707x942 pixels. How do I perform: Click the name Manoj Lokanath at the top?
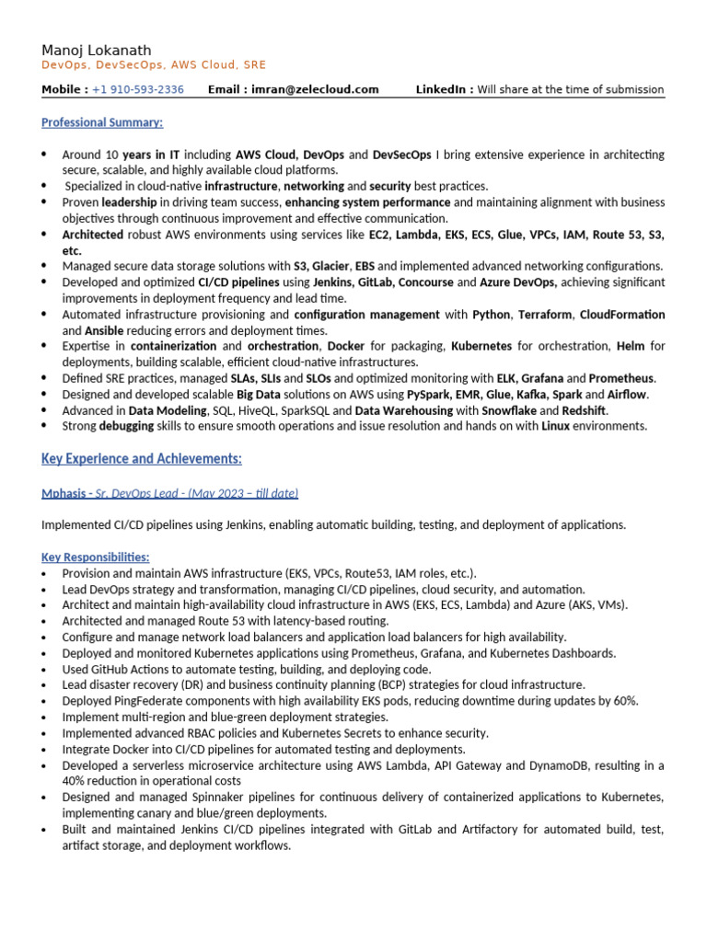(x=97, y=50)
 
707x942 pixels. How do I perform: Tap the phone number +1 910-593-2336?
(x=138, y=89)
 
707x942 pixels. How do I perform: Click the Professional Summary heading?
(x=102, y=122)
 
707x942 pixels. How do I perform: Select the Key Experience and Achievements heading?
(x=142, y=458)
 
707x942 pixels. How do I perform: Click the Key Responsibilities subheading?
(x=96, y=557)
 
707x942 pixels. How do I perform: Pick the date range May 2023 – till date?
(x=244, y=493)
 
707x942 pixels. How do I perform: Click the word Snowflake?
(x=510, y=410)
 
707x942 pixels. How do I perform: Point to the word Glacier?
(x=332, y=266)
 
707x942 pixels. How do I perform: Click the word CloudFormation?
(x=622, y=315)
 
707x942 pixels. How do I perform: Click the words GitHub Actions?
(x=126, y=669)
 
